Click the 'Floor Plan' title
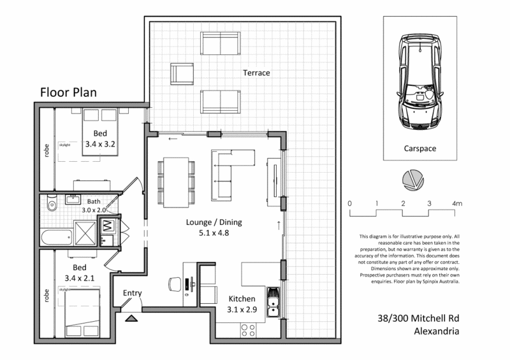pos(69,92)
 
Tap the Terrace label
pos(256,73)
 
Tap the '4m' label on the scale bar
pos(456,203)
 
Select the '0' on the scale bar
pos(349,203)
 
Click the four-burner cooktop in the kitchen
pos(248,331)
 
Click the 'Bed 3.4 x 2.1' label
pos(79,273)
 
